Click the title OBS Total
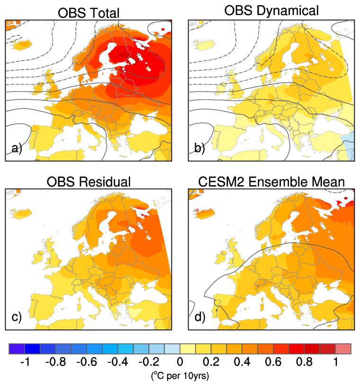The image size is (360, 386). click(x=88, y=13)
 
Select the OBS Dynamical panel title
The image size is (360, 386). click(x=271, y=10)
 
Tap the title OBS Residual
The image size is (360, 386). click(x=88, y=182)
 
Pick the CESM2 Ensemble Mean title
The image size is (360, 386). click(x=271, y=182)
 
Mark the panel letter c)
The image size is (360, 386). click(x=17, y=317)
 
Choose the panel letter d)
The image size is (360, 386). click(x=199, y=317)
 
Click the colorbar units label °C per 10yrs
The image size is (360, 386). click(x=180, y=376)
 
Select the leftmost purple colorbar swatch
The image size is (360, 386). click(x=17, y=350)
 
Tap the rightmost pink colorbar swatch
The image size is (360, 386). click(x=343, y=350)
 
